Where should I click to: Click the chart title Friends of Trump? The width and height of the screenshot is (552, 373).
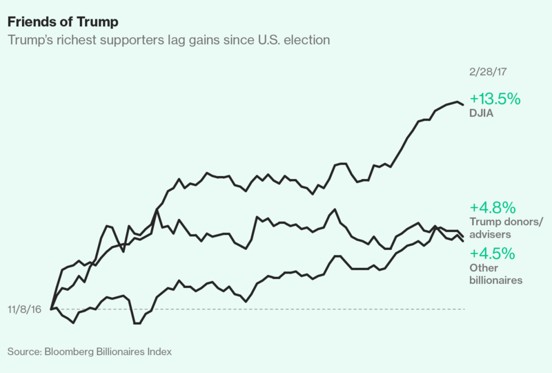point(63,22)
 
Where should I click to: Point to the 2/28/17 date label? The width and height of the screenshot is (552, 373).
point(488,72)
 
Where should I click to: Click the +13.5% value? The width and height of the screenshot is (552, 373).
point(495,99)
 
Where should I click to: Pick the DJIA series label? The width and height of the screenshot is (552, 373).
point(481,113)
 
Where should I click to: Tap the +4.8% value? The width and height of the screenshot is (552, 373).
point(493,208)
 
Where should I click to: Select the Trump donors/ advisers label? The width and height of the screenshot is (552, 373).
point(506,228)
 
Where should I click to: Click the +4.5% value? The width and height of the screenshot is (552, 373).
point(493,254)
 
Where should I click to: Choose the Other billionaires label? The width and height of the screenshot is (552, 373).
point(496,274)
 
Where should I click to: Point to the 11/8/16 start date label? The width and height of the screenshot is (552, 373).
point(24,309)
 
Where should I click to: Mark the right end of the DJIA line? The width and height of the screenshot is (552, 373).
point(463,105)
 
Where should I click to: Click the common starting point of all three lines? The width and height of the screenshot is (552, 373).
point(51,309)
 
